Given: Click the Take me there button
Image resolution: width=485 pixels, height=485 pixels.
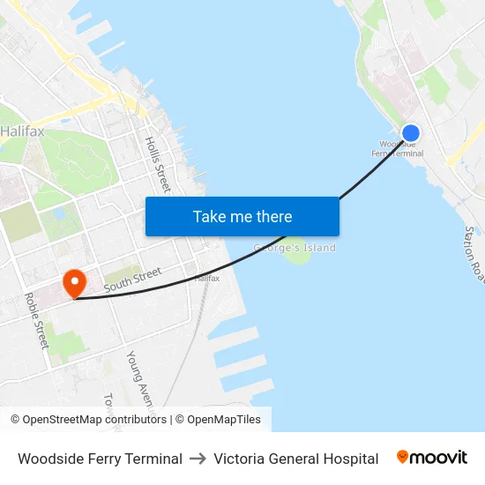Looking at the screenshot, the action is click(x=242, y=216).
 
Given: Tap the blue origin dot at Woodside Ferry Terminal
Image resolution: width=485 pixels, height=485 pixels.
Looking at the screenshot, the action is click(x=410, y=133).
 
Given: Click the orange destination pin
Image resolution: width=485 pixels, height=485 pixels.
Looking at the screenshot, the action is click(x=74, y=282).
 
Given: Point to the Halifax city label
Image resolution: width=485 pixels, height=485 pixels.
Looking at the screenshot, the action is click(x=22, y=131).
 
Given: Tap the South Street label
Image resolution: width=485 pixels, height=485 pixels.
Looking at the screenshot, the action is click(x=132, y=280).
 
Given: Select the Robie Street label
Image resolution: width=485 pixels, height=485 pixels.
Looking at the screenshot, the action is click(x=36, y=320).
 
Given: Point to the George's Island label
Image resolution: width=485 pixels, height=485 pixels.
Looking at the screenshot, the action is click(x=295, y=248).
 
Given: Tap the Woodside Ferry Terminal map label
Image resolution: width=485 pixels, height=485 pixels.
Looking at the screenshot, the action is click(x=398, y=149).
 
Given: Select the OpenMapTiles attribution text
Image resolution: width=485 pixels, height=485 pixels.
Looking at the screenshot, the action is click(x=224, y=420).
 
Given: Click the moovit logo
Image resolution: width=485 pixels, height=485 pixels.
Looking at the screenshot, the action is click(x=431, y=458).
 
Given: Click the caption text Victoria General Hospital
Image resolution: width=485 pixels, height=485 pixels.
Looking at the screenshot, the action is click(x=295, y=459).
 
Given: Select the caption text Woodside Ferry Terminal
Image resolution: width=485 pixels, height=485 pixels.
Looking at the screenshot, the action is click(x=100, y=459).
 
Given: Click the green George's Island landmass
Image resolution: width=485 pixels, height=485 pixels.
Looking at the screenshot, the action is click(x=297, y=256).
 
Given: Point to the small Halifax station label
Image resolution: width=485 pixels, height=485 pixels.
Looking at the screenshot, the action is click(x=206, y=279).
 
